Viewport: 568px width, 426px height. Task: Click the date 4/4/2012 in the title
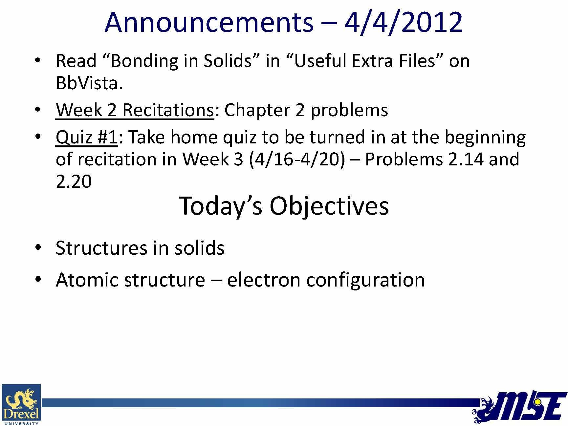pyautogui.click(x=404, y=23)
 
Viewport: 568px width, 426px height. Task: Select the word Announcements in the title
pyautogui.click(x=209, y=23)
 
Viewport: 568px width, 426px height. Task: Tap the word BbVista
pyautogui.click(x=89, y=83)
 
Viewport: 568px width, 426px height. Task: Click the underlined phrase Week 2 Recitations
pyautogui.click(x=135, y=110)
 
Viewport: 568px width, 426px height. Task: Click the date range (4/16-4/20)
pyautogui.click(x=297, y=160)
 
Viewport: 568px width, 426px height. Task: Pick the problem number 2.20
pyautogui.click(x=74, y=181)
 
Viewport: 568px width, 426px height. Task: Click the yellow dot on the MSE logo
pyautogui.click(x=537, y=402)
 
